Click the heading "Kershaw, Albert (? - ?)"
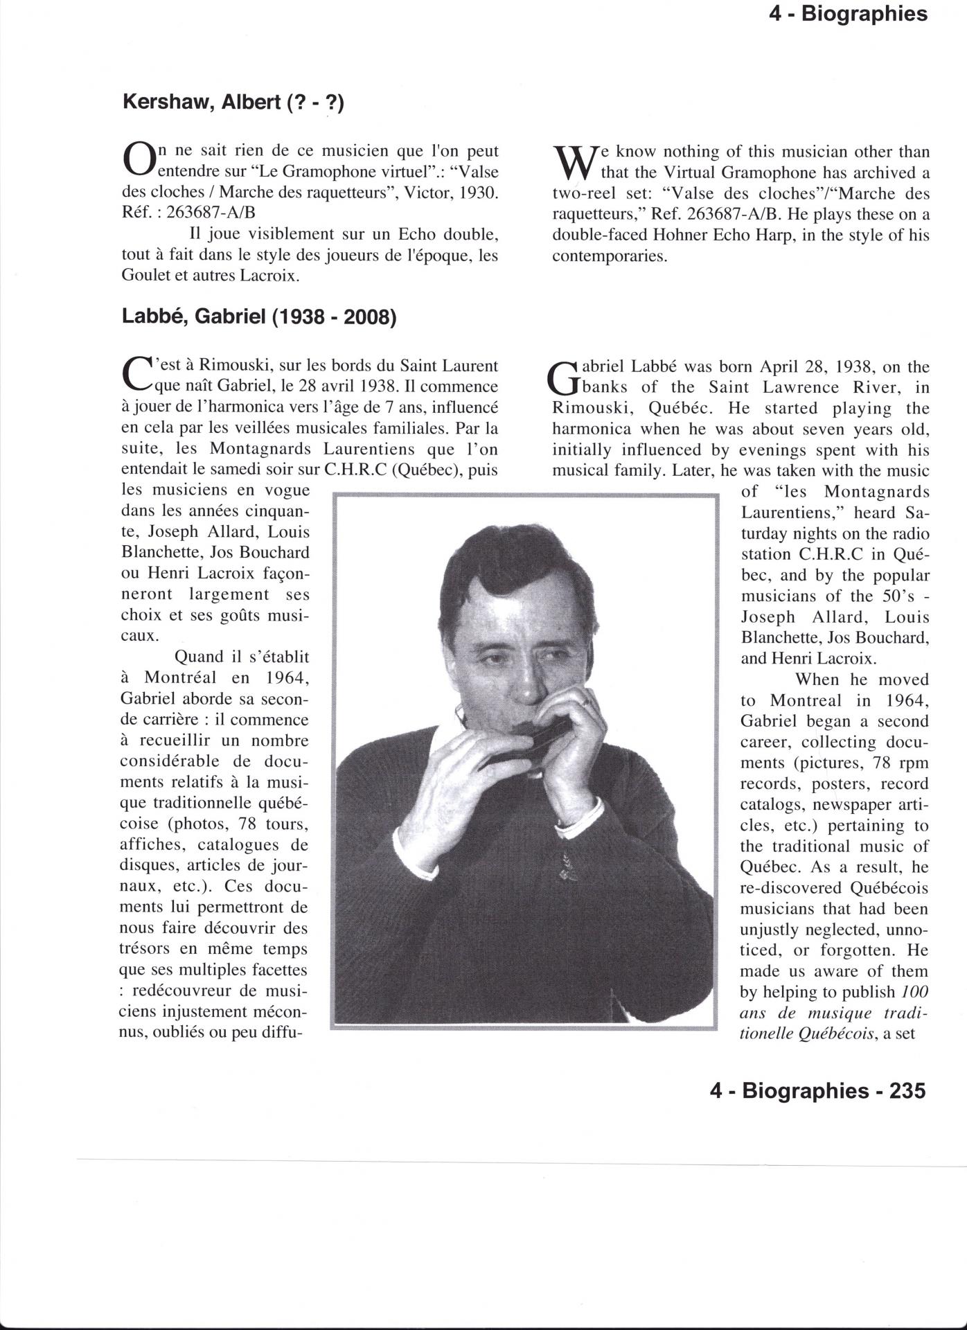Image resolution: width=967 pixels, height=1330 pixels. [x=233, y=103]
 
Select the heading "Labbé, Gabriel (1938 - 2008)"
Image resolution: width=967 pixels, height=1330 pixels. [x=259, y=317]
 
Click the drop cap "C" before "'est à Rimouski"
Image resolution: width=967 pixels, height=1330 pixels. [x=136, y=374]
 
